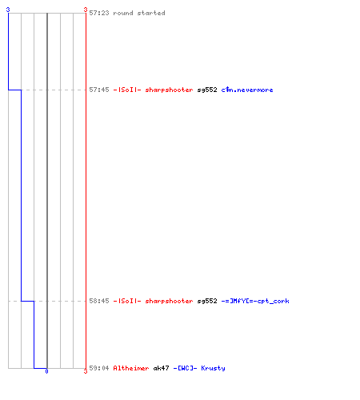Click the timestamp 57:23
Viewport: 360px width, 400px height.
[99, 13]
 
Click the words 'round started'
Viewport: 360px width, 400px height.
[139, 13]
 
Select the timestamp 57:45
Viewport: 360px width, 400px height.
[99, 90]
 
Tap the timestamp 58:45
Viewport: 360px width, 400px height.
[99, 301]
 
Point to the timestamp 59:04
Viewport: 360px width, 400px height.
[99, 368]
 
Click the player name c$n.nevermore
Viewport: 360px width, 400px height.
[247, 90]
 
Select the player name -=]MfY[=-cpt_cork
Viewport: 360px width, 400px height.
[255, 301]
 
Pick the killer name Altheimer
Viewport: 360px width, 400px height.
[131, 368]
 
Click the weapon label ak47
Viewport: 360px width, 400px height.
[161, 368]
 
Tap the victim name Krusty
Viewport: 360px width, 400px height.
[213, 368]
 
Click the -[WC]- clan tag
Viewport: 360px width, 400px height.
[185, 368]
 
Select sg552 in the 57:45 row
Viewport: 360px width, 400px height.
[207, 90]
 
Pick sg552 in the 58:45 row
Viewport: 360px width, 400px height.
[207, 302]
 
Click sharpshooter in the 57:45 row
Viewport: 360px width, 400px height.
[169, 90]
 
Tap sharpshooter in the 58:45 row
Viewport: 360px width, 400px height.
[169, 302]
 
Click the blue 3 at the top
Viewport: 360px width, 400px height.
[8, 10]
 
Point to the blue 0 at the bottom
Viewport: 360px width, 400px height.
[46, 371]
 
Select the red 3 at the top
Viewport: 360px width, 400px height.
[86, 10]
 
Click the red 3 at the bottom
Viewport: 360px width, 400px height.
[86, 371]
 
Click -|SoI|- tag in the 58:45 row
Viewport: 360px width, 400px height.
[127, 301]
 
